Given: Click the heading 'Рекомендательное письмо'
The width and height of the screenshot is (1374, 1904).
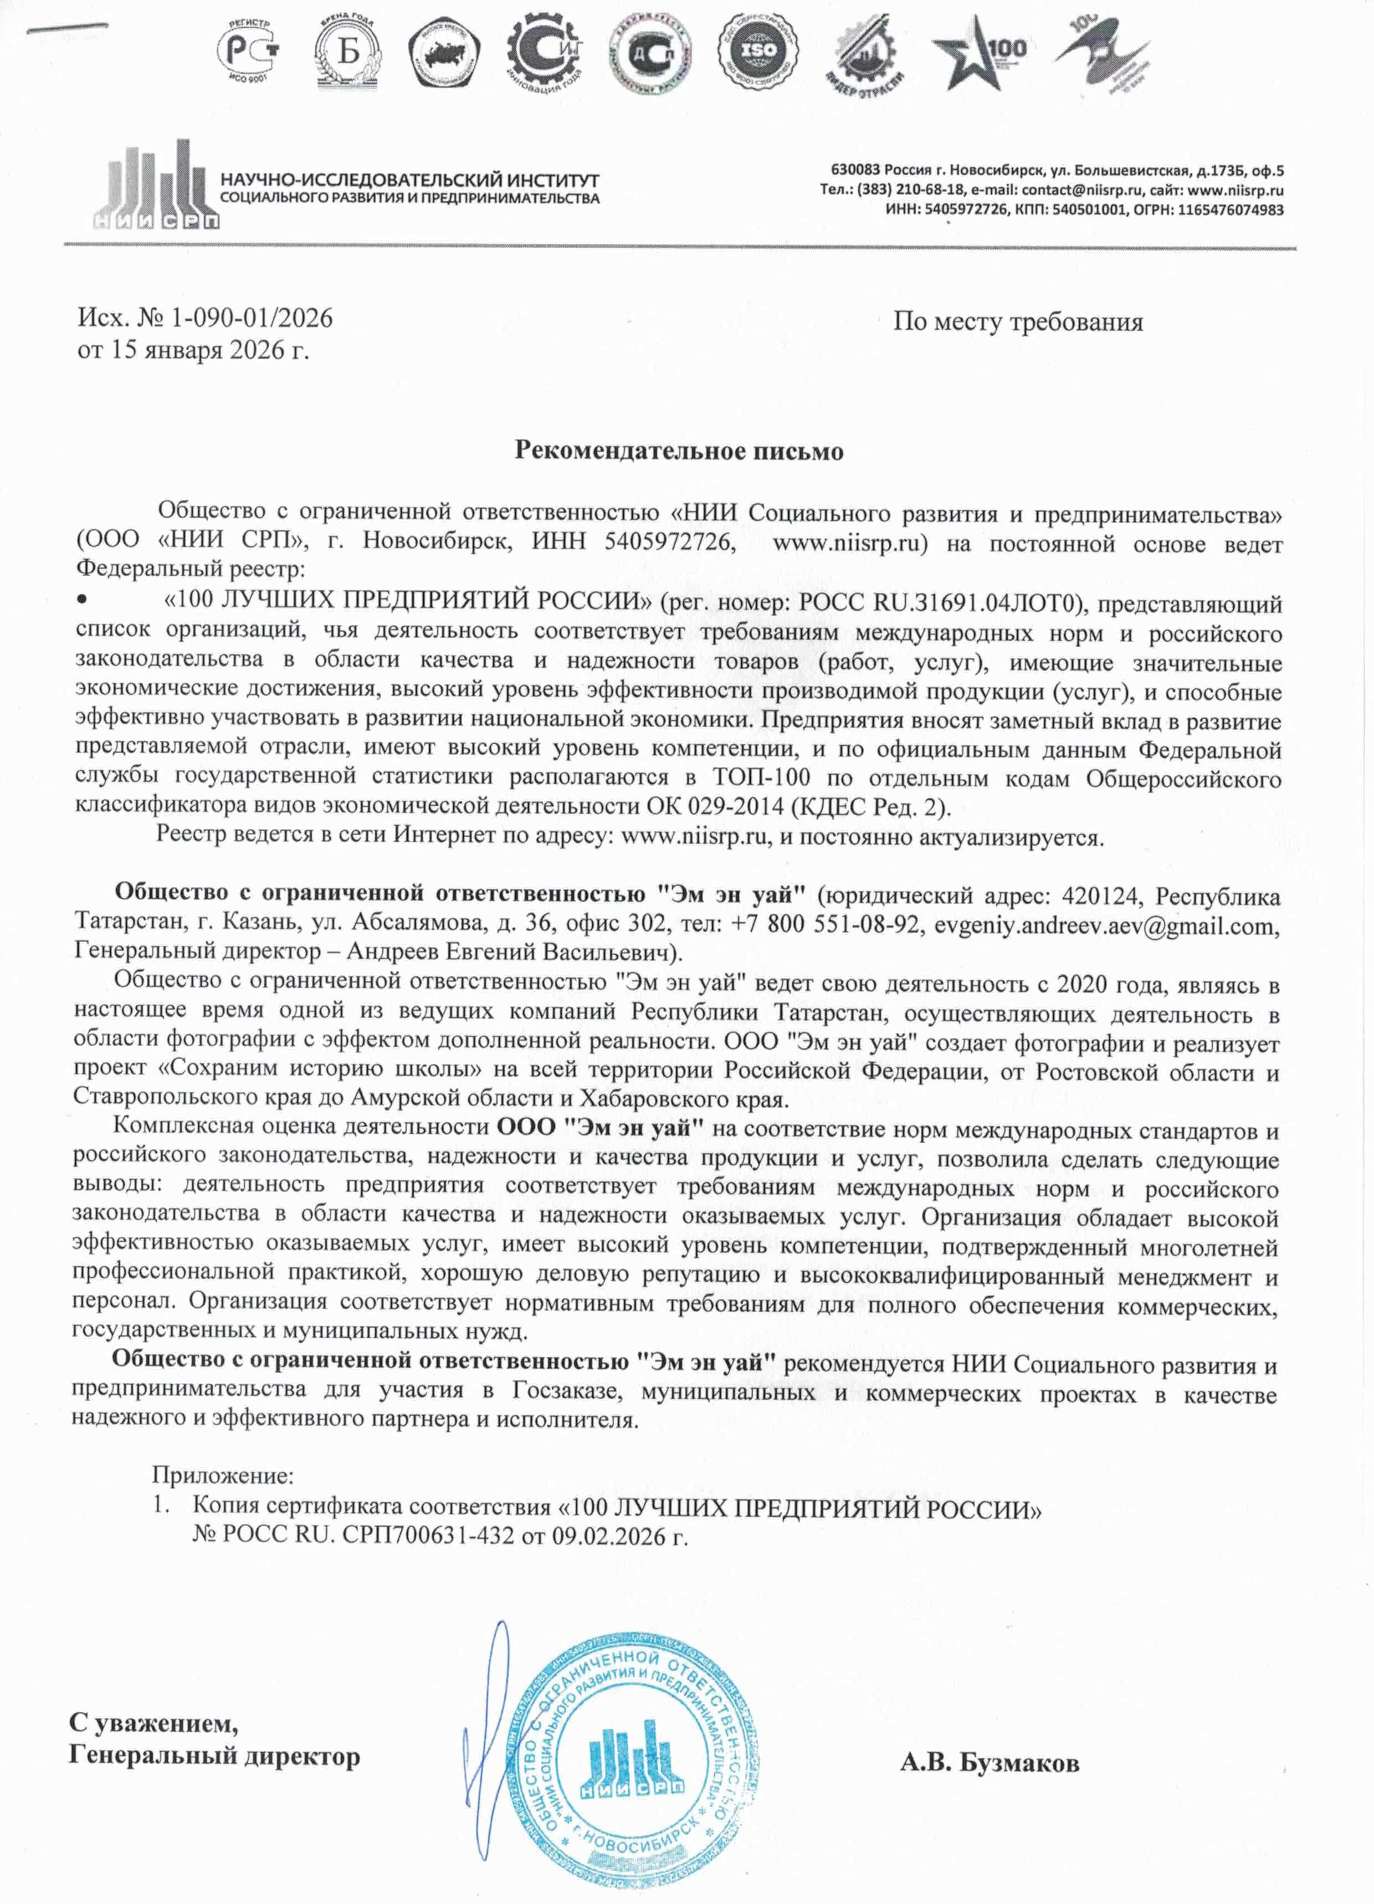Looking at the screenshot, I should [x=678, y=452].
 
